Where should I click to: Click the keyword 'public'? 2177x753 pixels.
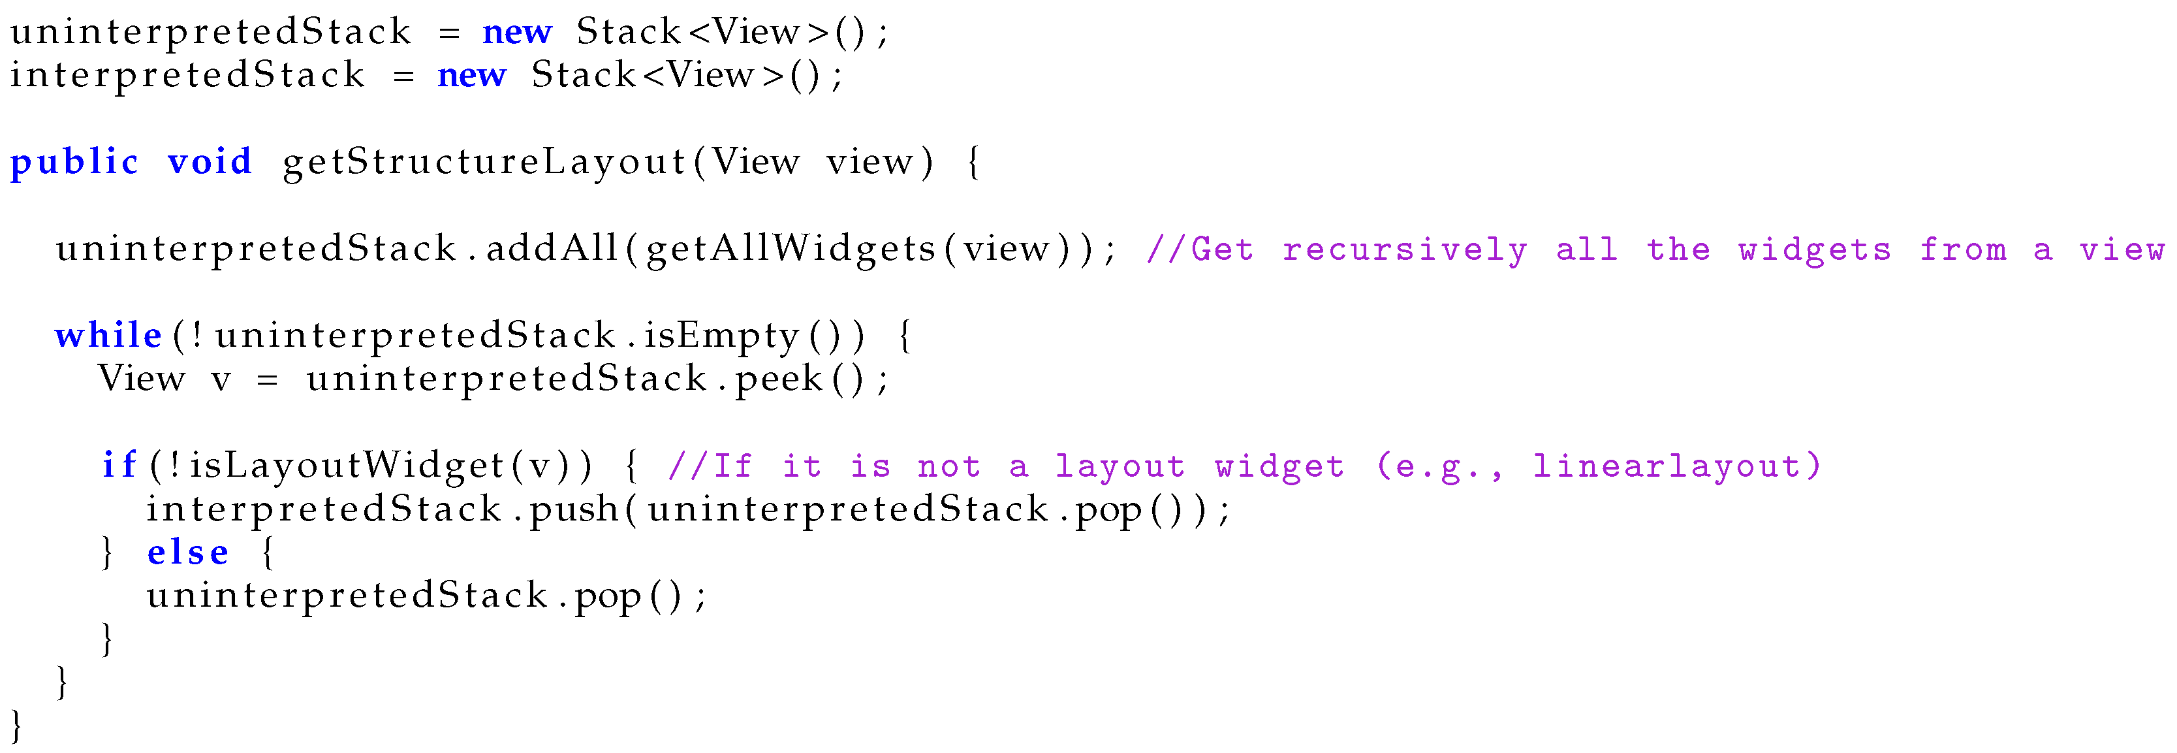pos(74,161)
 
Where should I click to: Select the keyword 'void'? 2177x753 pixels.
pos(210,161)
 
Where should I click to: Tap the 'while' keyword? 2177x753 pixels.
pos(108,336)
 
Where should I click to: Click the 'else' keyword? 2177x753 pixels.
pos(187,553)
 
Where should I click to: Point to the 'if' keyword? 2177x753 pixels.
pos(119,465)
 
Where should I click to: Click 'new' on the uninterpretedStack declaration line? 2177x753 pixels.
pos(516,32)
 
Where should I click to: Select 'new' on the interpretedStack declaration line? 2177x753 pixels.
pos(471,75)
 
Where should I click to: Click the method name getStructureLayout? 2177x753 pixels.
pos(484,161)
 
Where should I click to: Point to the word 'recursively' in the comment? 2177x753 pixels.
pos(1405,250)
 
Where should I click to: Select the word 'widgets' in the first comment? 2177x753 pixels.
pos(1815,250)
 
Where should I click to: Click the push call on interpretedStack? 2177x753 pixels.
pos(574,509)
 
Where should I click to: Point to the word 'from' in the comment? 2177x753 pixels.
pos(1962,250)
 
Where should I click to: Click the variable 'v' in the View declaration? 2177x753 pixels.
pos(221,379)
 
